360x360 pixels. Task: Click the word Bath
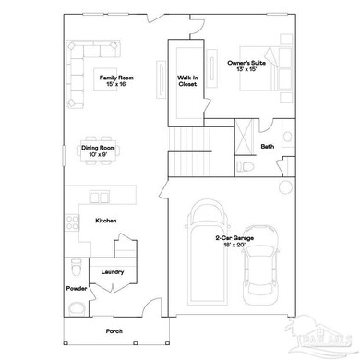tap(268, 146)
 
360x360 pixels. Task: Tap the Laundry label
tap(113, 273)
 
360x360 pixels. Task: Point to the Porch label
tap(113, 331)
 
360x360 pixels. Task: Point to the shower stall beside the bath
tap(244, 138)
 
